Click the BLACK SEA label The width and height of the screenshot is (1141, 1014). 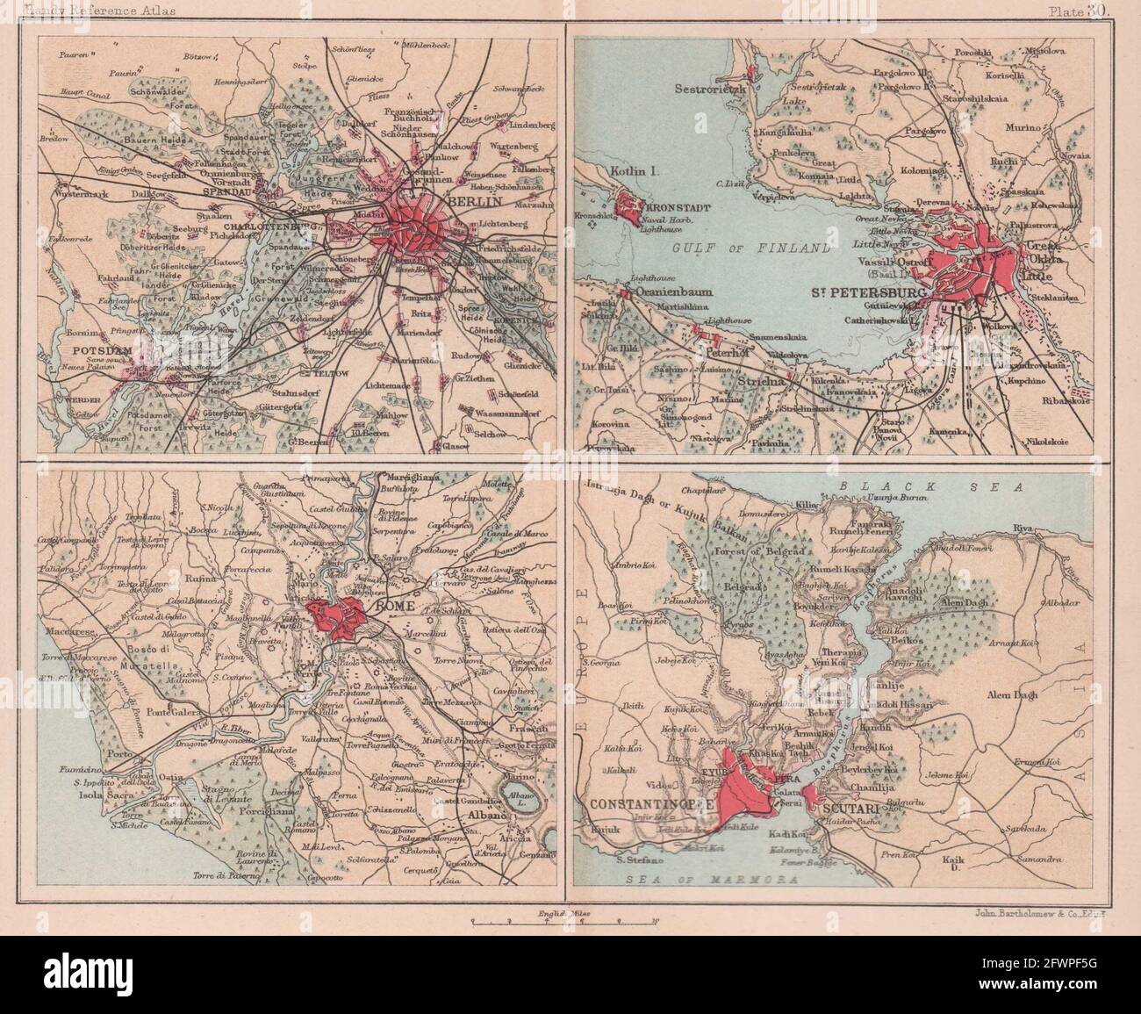click(886, 485)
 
